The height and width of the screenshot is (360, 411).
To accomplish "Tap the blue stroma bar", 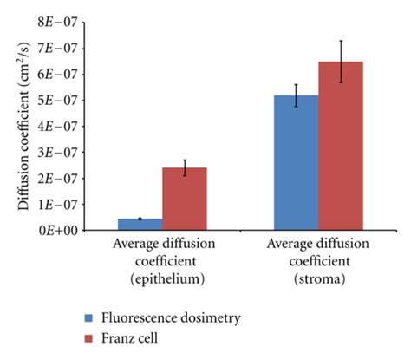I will pyautogui.click(x=296, y=162).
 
